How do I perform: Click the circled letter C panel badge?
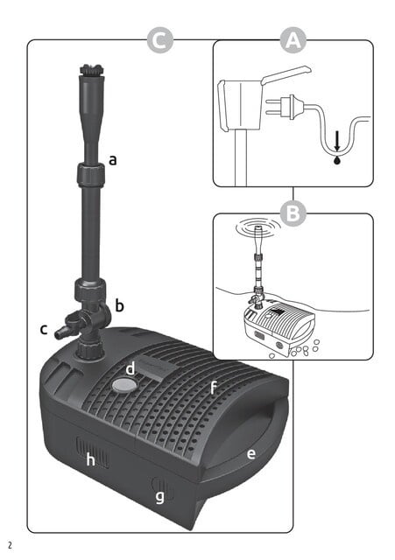pos(159,40)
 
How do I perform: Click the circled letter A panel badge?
pos(293,40)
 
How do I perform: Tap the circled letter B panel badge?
pos(293,213)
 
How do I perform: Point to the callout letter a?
pos(113,159)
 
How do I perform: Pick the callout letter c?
pos(43,330)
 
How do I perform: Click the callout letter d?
pos(129,368)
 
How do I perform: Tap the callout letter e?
pos(250,453)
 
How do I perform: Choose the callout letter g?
pos(159,496)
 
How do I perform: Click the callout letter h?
pos(89,460)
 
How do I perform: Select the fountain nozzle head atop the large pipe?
pos(87,73)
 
